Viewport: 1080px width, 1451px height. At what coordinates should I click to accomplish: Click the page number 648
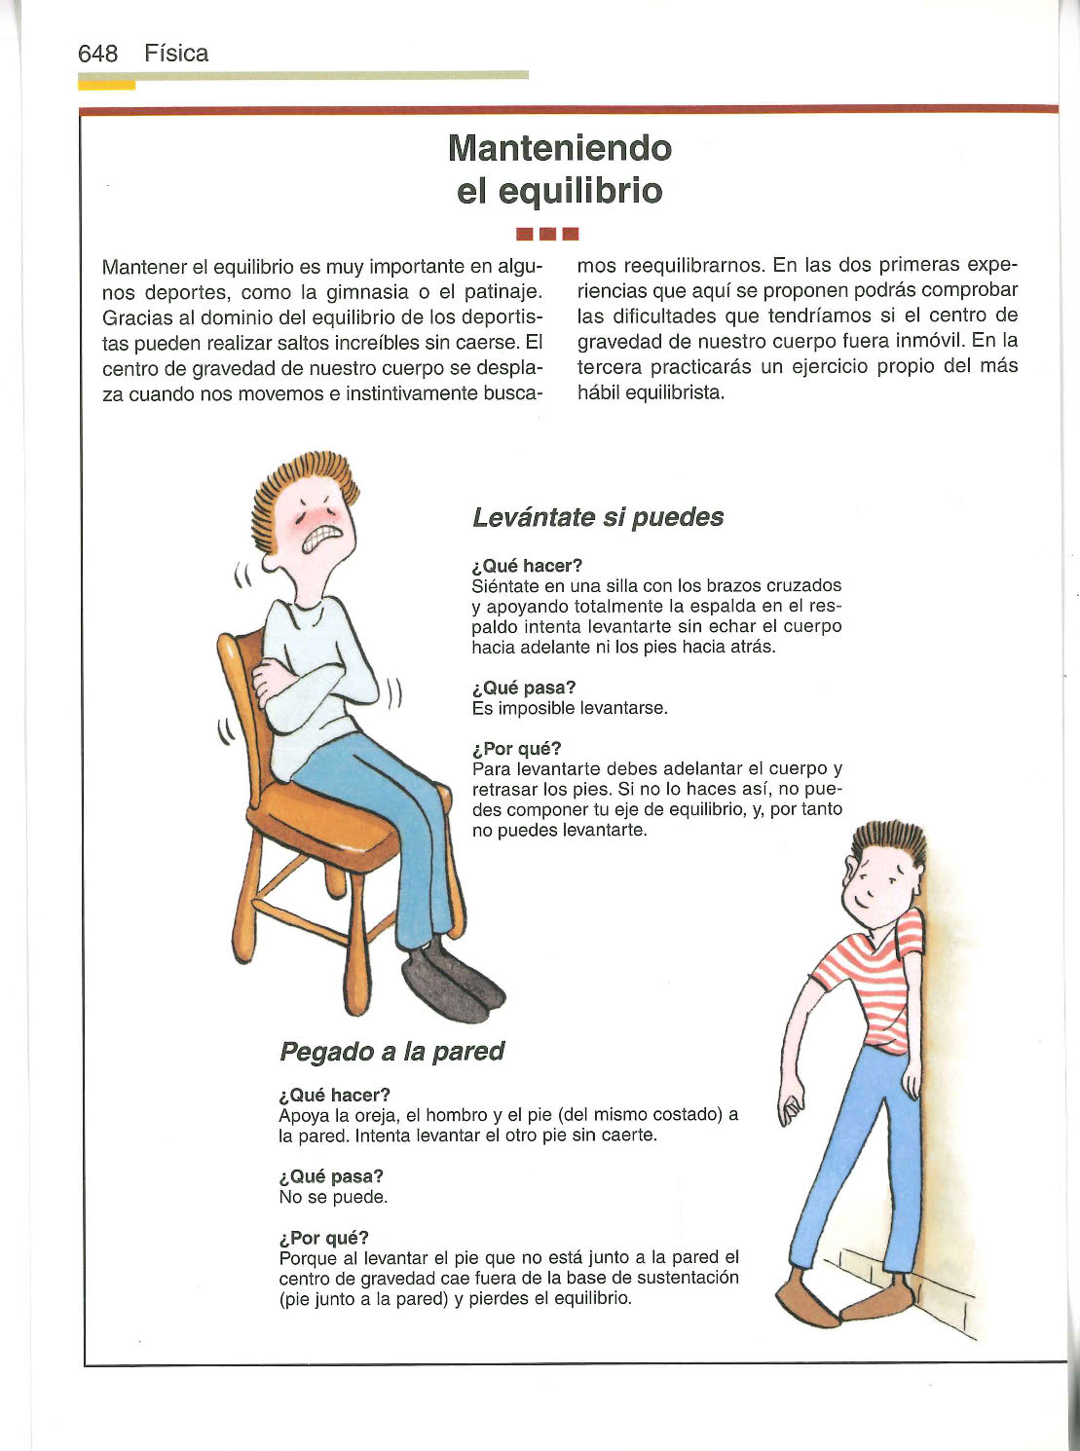[97, 54]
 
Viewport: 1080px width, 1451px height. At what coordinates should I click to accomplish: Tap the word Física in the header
[176, 54]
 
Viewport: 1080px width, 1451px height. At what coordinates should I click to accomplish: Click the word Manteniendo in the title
[560, 148]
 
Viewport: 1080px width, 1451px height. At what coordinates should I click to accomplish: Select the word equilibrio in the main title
[580, 190]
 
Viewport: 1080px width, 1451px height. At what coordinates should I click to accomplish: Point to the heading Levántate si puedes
[598, 517]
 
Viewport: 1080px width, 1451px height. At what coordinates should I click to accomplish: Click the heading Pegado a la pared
[391, 1052]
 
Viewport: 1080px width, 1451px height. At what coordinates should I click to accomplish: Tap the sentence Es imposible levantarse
[570, 708]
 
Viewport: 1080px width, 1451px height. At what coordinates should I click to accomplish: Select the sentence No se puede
[333, 1197]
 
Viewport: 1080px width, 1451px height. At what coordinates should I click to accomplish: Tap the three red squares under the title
[548, 234]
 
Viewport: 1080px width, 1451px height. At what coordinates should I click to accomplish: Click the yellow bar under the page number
[106, 85]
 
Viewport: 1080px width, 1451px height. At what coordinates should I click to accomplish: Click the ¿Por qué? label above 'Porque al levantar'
[323, 1238]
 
